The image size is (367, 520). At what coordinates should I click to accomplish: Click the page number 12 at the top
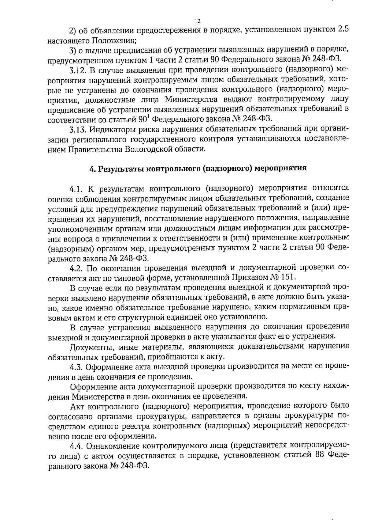coord(197,21)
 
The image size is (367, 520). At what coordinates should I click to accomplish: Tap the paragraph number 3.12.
coord(78,70)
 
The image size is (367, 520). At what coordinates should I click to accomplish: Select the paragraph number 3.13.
coord(78,130)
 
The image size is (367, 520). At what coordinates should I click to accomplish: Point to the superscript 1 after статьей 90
coord(149,117)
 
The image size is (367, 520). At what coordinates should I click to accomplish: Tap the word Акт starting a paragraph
coord(77,406)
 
